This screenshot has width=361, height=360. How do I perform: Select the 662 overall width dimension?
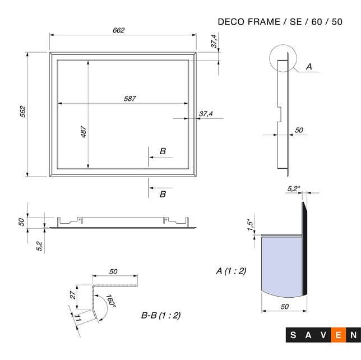[118, 30]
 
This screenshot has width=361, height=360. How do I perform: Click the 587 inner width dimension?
[130, 98]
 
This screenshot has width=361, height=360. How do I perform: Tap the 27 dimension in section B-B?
[72, 295]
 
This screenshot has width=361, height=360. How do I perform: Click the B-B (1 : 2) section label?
[161, 315]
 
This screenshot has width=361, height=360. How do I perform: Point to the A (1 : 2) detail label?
[231, 271]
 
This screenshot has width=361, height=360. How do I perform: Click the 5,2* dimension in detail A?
[293, 189]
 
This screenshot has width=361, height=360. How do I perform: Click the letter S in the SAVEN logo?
[293, 335]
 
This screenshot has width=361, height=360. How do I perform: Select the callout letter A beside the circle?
[308, 67]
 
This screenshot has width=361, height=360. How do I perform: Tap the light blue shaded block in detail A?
[281, 264]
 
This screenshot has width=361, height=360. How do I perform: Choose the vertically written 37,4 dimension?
[214, 41]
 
